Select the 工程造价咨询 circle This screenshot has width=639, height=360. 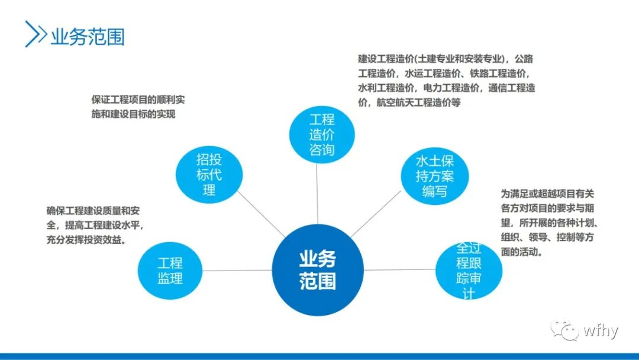point(321,134)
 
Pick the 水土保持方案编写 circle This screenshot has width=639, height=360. point(434,176)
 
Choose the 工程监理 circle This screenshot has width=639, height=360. point(170,270)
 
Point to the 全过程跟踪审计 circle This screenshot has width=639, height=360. point(469,270)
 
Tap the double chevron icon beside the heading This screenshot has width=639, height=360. point(36,34)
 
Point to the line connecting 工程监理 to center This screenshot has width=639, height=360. point(237,271)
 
